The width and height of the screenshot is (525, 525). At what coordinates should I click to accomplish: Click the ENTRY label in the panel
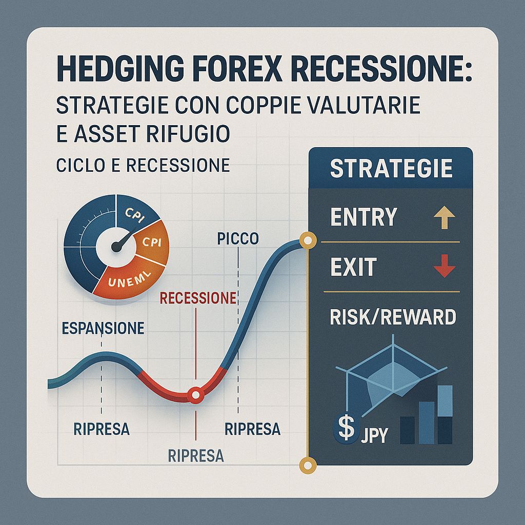tap(364, 217)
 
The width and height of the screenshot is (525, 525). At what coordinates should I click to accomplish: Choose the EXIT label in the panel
tap(353, 267)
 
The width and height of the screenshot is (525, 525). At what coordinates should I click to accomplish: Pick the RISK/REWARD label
tap(393, 317)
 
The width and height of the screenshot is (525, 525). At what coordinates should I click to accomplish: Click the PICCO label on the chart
tap(235, 239)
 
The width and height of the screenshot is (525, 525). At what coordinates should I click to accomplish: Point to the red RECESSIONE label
tap(198, 298)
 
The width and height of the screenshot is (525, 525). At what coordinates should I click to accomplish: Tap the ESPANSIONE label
tap(103, 329)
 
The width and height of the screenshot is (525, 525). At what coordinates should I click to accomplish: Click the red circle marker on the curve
tap(195, 395)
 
